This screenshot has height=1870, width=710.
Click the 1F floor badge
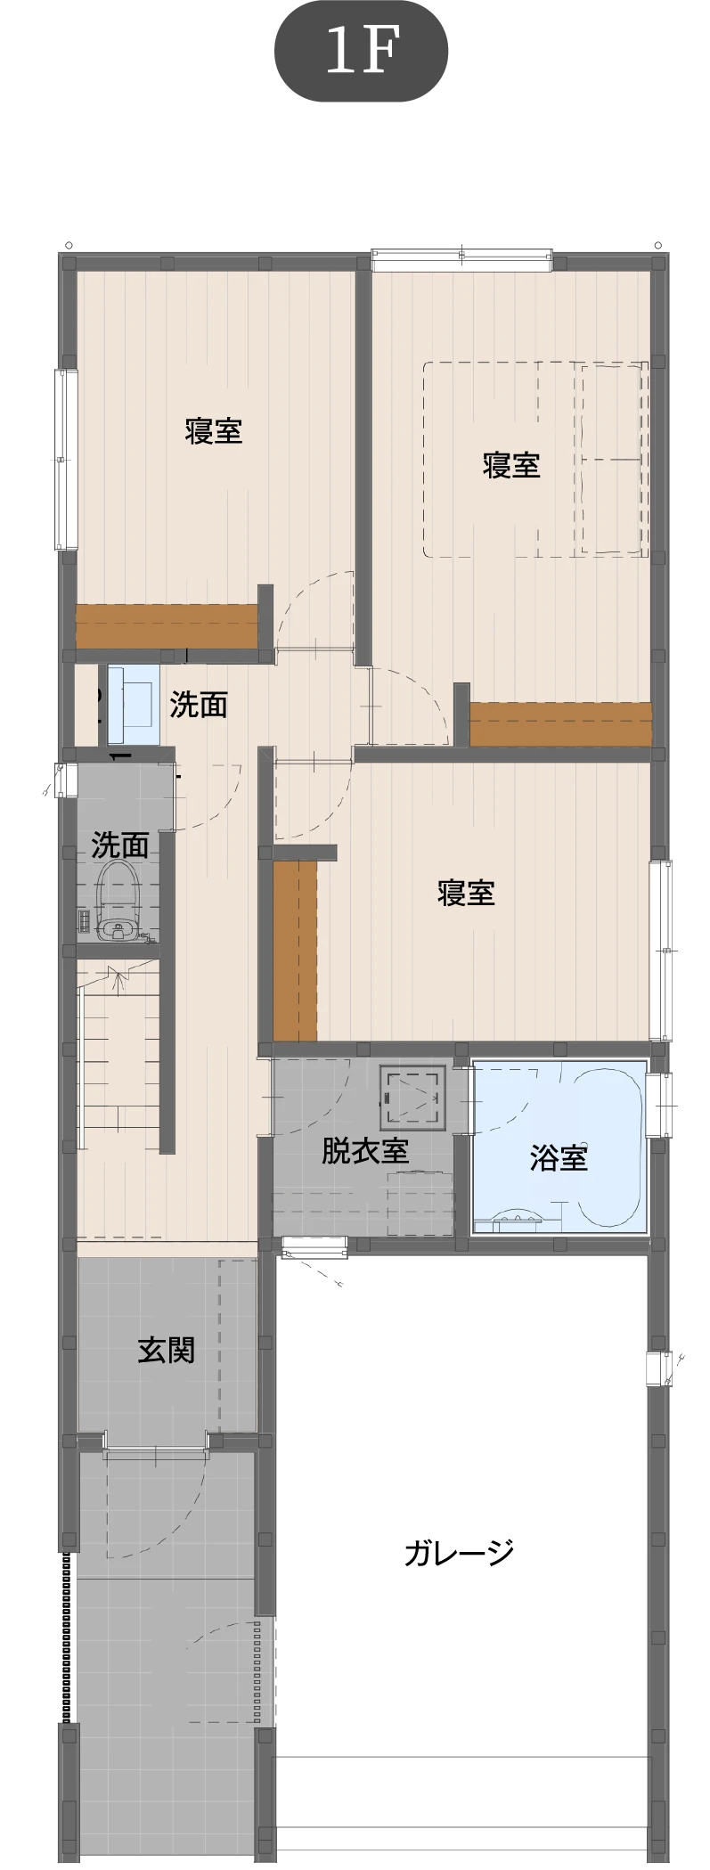click(x=360, y=51)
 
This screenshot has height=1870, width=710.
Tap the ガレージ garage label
click(x=459, y=1552)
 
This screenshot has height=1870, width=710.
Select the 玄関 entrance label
click(x=166, y=1350)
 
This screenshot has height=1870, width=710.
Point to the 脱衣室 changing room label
click(x=365, y=1151)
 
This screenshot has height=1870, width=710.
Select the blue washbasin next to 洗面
click(x=134, y=704)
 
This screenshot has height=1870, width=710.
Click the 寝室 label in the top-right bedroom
click(x=511, y=464)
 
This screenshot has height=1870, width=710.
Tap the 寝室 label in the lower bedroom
click(x=466, y=892)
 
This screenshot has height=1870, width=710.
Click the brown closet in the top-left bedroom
click(x=167, y=626)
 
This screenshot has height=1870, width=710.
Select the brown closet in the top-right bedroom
click(x=561, y=724)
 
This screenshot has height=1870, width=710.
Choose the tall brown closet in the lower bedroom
click(x=295, y=951)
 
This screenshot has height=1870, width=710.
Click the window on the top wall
click(x=461, y=260)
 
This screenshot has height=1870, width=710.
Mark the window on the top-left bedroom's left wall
click(x=61, y=460)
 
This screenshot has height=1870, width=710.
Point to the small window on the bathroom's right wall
click(x=660, y=1105)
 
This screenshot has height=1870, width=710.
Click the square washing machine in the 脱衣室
click(x=412, y=1097)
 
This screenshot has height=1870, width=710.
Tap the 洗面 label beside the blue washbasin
click(x=199, y=705)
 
